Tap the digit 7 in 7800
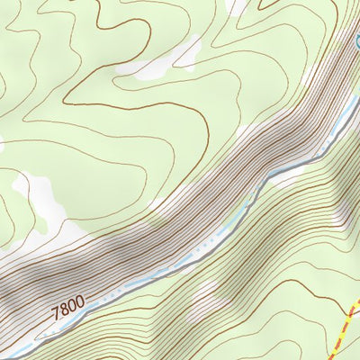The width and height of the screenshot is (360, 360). point(57,315)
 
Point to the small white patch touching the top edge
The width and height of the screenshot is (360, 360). point(236,5)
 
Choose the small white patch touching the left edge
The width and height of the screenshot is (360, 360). point(3,142)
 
